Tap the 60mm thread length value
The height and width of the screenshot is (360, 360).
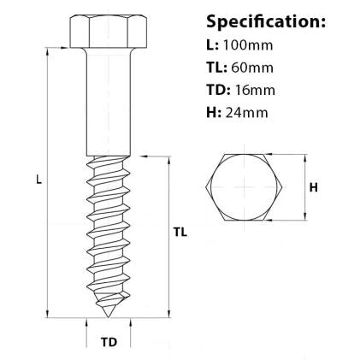tap(252, 66)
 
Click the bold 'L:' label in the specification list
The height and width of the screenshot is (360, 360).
tap(213, 44)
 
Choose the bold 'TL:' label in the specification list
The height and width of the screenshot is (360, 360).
tap(218, 66)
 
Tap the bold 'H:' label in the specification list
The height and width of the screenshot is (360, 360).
tap(214, 110)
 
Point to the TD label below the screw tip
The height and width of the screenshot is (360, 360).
tap(109, 342)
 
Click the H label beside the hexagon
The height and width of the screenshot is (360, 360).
tap(313, 188)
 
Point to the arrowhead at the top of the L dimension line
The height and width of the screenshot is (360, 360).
tap(48, 50)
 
